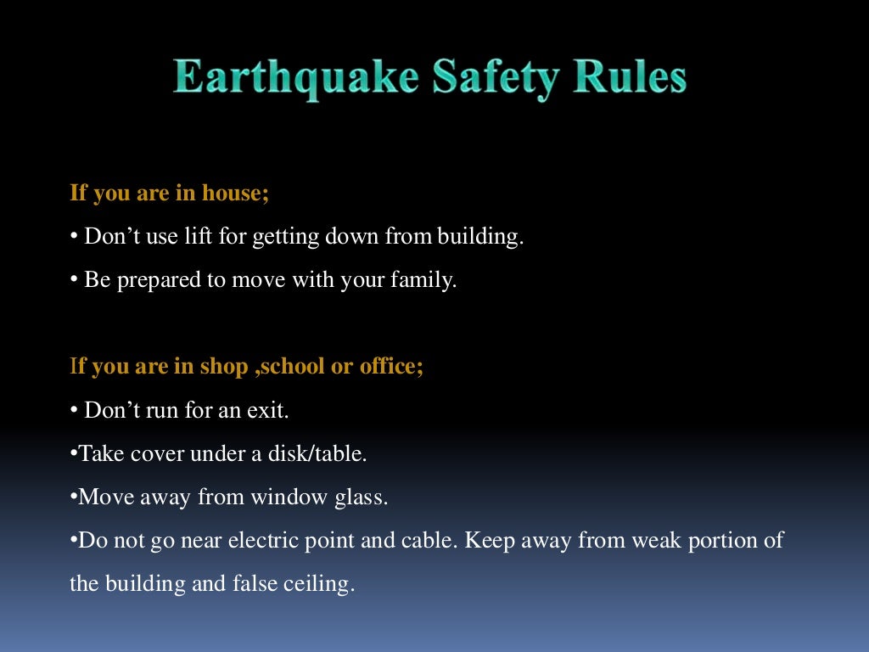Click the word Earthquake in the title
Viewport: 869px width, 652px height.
296,79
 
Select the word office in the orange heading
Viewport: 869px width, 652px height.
390,367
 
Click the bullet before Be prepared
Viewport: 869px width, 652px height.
74,280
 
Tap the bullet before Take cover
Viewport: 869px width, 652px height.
73,453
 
